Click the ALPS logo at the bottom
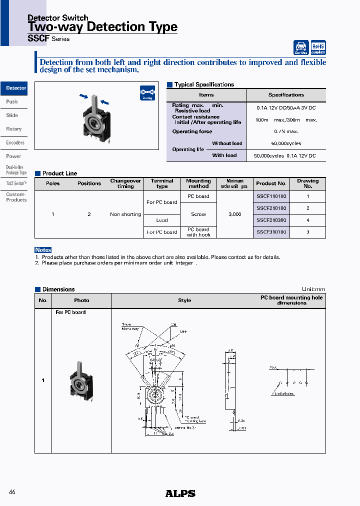[x=180, y=493]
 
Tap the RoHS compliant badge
[x=318, y=47]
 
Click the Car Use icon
[x=301, y=47]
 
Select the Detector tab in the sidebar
[x=14, y=88]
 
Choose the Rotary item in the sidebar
[x=14, y=129]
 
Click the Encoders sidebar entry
[x=14, y=142]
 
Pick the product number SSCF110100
[x=271, y=196]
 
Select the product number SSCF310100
[x=271, y=232]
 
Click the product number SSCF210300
[x=271, y=220]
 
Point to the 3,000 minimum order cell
[x=234, y=214]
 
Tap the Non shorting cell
[x=125, y=214]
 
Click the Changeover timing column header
[x=125, y=183]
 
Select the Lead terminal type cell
[x=162, y=220]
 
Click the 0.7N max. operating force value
[x=286, y=131]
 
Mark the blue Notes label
[x=43, y=250]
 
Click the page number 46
[x=12, y=492]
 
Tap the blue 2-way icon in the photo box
[x=147, y=93]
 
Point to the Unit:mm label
[x=313, y=289]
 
